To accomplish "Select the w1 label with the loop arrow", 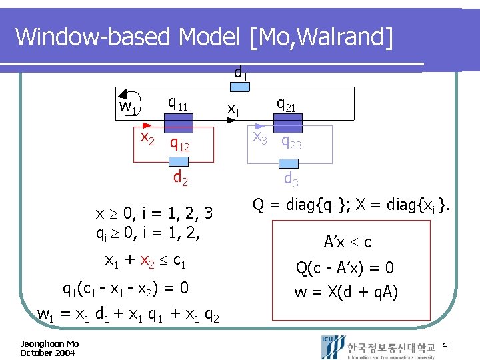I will click(128, 107).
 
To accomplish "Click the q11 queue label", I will click(177, 103).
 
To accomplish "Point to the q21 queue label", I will click(287, 104).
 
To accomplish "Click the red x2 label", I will click(147, 137).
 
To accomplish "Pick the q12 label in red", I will click(180, 143).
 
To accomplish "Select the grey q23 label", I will click(291, 141).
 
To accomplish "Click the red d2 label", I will click(180, 178).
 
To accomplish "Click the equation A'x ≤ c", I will click(347, 242).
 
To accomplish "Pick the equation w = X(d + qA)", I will click(347, 291).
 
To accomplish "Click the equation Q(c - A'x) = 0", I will click(345, 267).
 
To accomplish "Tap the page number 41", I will click(447, 345).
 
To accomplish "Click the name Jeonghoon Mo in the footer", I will click(49, 343).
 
